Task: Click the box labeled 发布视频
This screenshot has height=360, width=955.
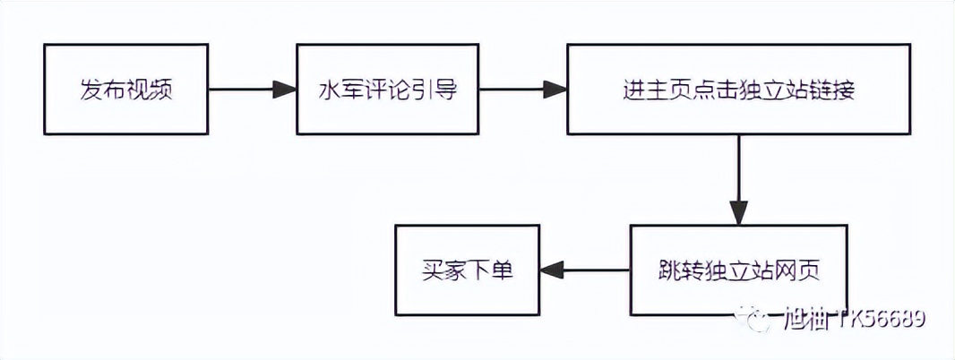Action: pos(125,90)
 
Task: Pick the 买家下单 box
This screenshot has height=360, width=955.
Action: pos(468,270)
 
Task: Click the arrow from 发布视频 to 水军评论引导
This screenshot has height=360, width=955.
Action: pos(251,90)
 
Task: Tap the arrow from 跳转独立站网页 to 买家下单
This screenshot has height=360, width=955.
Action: pos(587,270)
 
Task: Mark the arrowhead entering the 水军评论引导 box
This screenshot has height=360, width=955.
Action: pos(286,90)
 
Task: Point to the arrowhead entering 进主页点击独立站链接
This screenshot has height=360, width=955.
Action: pos(555,90)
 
